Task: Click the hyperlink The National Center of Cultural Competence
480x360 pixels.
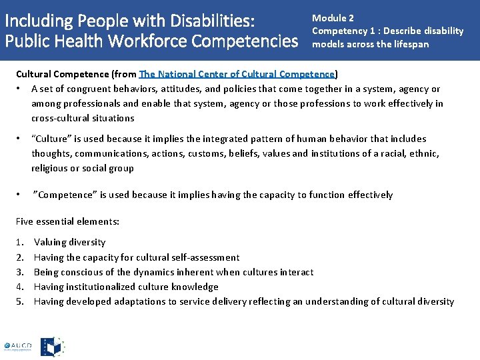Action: (x=237, y=74)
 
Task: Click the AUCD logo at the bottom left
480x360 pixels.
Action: (x=17, y=346)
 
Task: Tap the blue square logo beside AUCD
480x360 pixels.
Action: (x=53, y=346)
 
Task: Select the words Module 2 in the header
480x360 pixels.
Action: (x=333, y=18)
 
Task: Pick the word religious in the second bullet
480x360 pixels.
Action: (x=50, y=168)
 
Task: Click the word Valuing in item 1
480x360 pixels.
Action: (x=51, y=242)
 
